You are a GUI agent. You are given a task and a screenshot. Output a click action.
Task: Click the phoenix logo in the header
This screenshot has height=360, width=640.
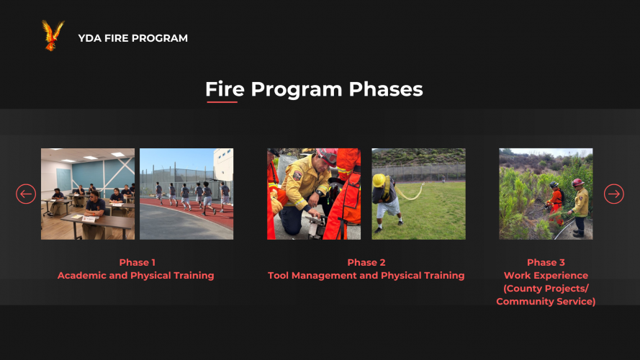click(53, 35)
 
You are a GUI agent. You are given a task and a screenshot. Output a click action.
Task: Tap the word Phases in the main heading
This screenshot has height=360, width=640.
click(386, 89)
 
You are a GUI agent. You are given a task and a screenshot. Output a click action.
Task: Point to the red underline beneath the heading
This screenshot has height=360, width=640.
click(222, 102)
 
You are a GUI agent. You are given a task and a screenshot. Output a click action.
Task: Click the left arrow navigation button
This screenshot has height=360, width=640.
click(26, 194)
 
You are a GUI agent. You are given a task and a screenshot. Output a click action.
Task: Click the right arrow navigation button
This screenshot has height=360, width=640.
click(614, 194)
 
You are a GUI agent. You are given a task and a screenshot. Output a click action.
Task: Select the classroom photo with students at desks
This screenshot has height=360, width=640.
click(88, 194)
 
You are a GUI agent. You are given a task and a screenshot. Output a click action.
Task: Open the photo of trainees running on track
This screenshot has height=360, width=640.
click(186, 194)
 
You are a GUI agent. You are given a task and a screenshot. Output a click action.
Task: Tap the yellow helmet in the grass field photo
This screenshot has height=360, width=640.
click(379, 181)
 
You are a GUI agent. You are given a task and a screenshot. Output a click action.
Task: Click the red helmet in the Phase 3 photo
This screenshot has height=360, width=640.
click(577, 182)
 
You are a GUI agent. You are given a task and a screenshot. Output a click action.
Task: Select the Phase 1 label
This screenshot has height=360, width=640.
click(137, 263)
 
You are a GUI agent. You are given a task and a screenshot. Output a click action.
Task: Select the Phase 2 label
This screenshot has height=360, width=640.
click(366, 263)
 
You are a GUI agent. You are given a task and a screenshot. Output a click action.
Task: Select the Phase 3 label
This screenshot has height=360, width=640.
click(546, 263)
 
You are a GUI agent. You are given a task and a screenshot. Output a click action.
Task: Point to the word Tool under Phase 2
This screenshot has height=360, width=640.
click(278, 276)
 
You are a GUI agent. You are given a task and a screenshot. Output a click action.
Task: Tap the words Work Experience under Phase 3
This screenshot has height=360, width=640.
click(546, 276)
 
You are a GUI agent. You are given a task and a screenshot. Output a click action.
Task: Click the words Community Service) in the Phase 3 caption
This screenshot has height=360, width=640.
click(546, 302)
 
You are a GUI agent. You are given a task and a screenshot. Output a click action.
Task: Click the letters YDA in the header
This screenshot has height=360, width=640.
click(90, 38)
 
